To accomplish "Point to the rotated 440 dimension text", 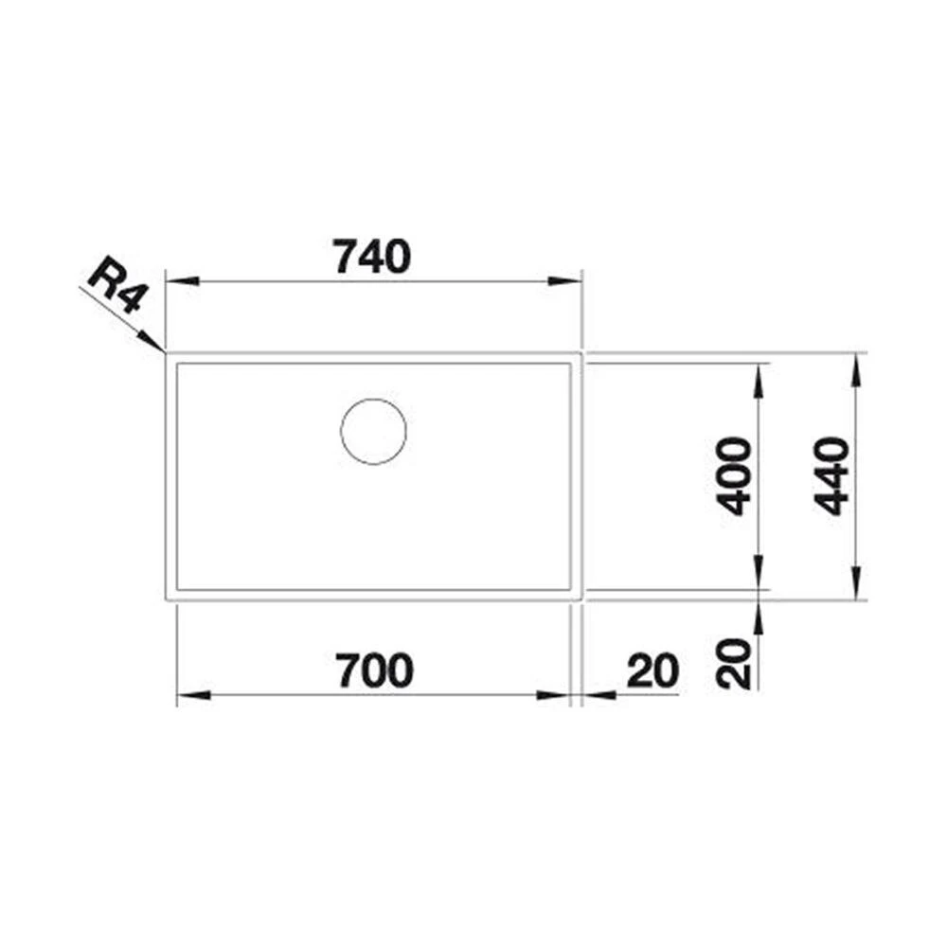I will pos(833,475).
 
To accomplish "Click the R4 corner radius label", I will pos(116,288).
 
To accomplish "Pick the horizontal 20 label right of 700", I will pos(653,670).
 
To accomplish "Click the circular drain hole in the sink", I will pos(373,432).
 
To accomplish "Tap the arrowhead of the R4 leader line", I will pos(153,343).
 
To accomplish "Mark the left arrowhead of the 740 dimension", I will pos(180,281).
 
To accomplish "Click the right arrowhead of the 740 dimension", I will pos(566,281).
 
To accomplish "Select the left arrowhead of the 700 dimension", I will pos(191,695).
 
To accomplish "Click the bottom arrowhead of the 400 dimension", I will pos(758,578).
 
